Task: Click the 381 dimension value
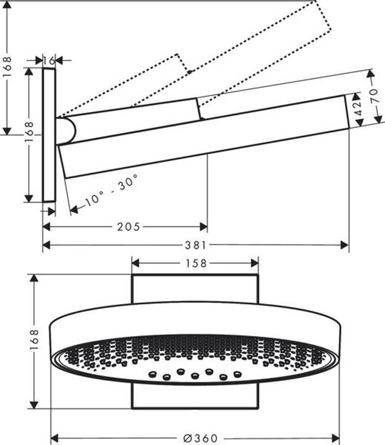point(195,245)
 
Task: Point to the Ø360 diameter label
point(200,438)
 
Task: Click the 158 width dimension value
point(196,263)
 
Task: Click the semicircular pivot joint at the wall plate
point(66,131)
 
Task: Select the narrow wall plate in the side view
point(49,135)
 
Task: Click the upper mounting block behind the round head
point(195,289)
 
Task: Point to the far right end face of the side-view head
point(347,112)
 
